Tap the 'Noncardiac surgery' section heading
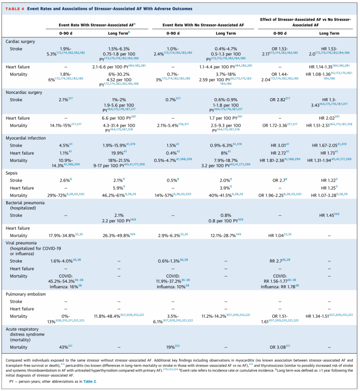(24, 92)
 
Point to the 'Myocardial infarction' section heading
(26, 138)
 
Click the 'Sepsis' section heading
(12, 173)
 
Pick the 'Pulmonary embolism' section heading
(26, 294)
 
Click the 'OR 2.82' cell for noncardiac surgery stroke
(279, 100)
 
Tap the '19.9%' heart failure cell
(119, 153)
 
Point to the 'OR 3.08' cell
(279, 347)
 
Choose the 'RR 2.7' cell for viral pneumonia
(279, 261)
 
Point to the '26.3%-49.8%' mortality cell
(119, 236)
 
